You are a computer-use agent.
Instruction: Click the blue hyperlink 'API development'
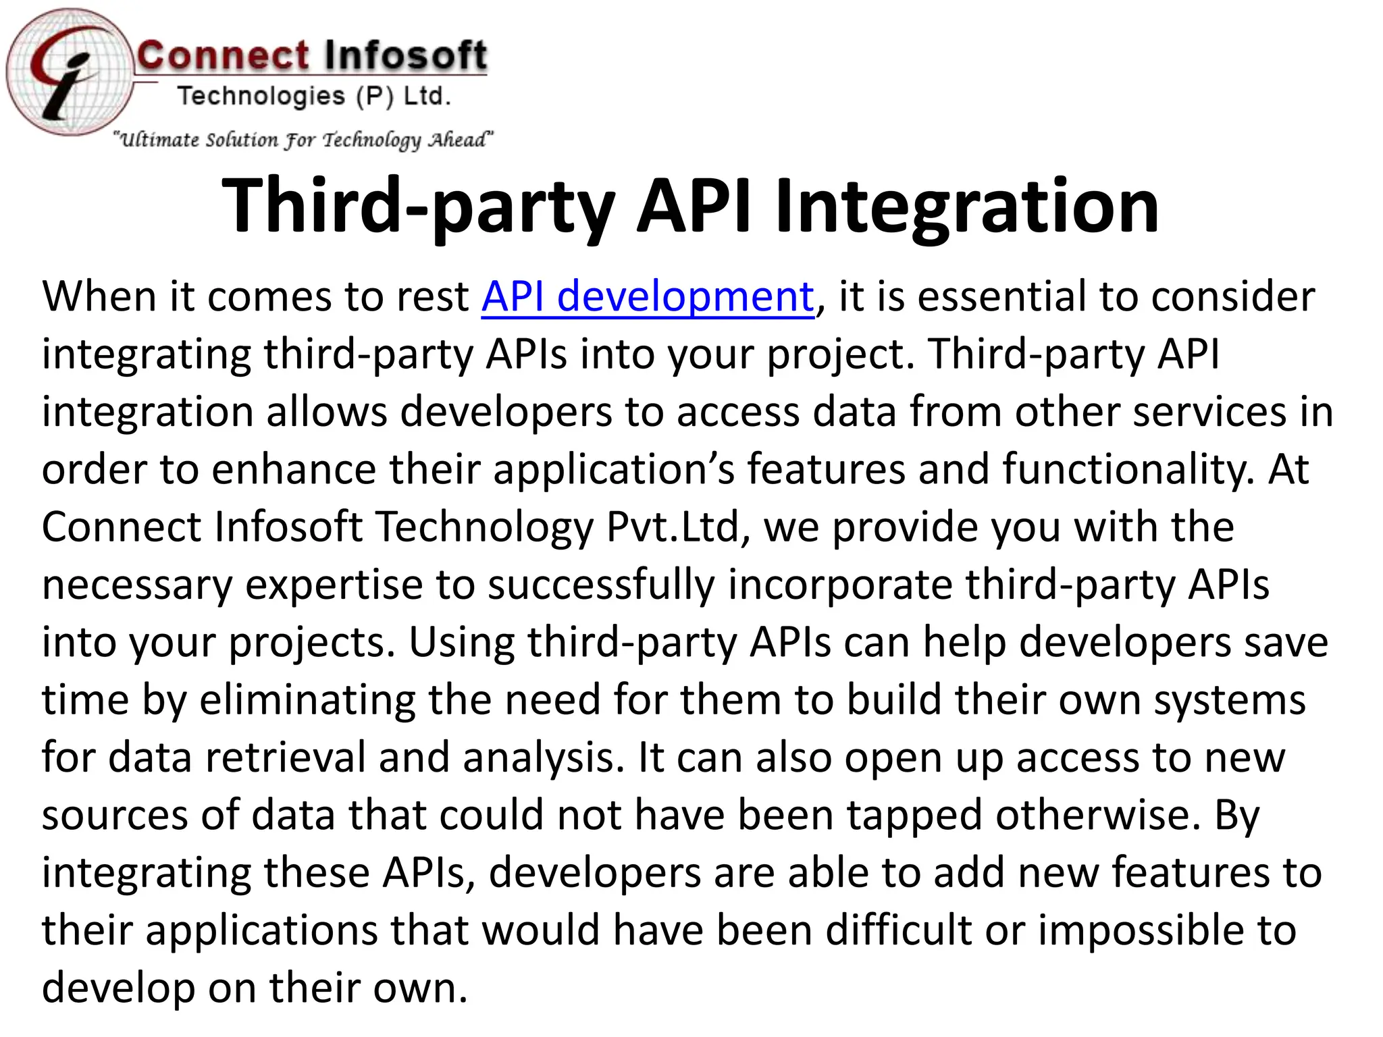tap(648, 297)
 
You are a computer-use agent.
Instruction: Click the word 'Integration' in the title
tap(967, 206)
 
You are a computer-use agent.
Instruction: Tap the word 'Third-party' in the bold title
tap(419, 206)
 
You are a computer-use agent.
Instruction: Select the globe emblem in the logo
tap(70, 73)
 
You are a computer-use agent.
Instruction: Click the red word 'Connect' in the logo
tap(223, 55)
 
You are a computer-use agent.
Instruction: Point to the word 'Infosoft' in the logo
tap(404, 55)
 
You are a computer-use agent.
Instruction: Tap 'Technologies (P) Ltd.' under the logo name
tap(314, 97)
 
